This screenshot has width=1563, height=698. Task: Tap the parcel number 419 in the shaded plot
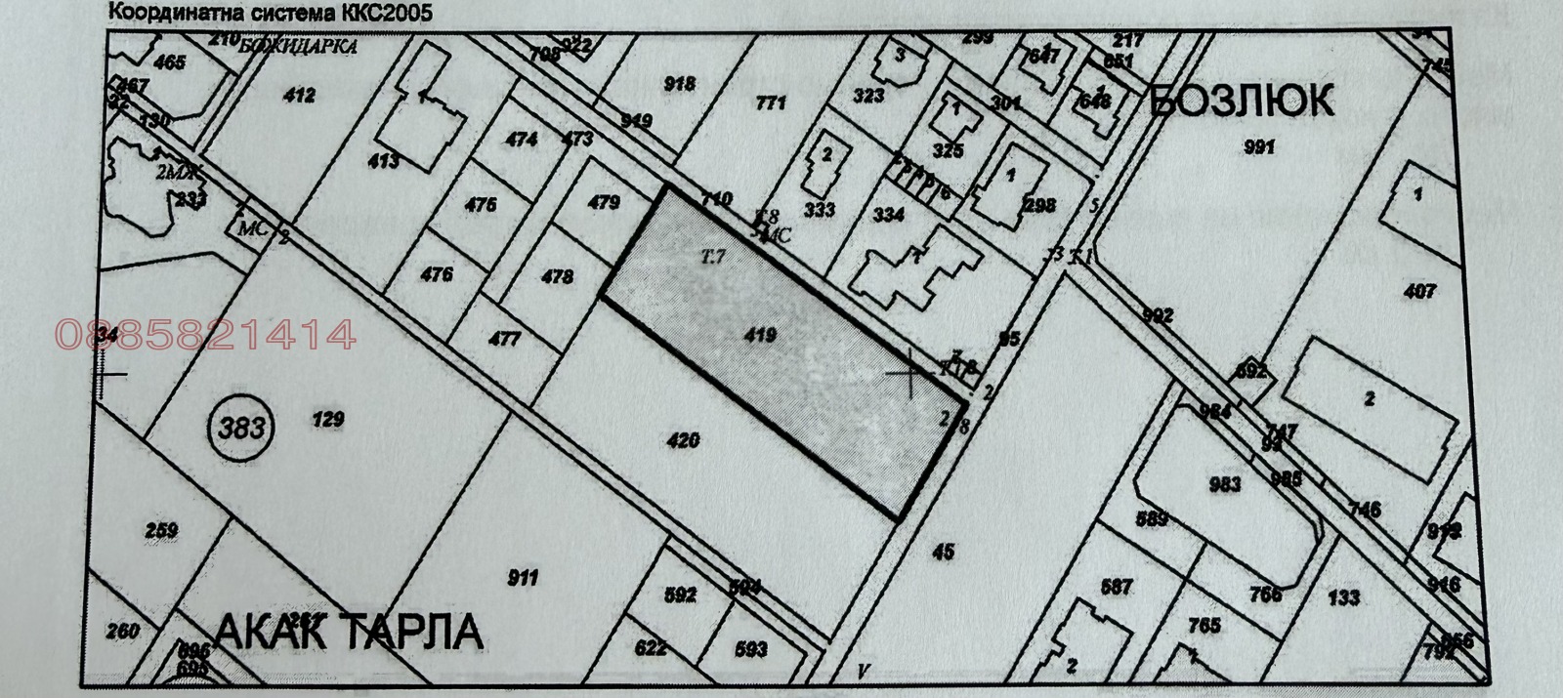coord(759,336)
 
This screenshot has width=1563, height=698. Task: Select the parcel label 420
coord(683,440)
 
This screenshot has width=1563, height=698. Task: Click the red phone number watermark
coord(206,336)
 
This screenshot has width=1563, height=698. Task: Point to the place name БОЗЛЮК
coord(1242,101)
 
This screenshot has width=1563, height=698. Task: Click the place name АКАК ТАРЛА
coord(349,632)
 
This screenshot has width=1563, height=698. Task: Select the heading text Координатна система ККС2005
coord(269,13)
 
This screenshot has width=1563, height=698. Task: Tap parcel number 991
coord(1260,147)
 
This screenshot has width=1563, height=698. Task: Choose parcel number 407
coord(1419,291)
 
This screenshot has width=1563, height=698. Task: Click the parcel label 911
coord(523,578)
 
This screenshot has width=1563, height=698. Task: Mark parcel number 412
coord(300,95)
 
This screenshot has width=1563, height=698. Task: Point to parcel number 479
coord(604,203)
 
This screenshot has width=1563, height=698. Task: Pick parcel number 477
coord(504,340)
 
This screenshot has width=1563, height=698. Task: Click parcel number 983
coord(1224,483)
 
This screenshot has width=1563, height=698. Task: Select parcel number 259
coord(161,531)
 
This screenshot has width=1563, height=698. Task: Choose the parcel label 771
coord(771,102)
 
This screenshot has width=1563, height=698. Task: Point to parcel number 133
coord(1343,597)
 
